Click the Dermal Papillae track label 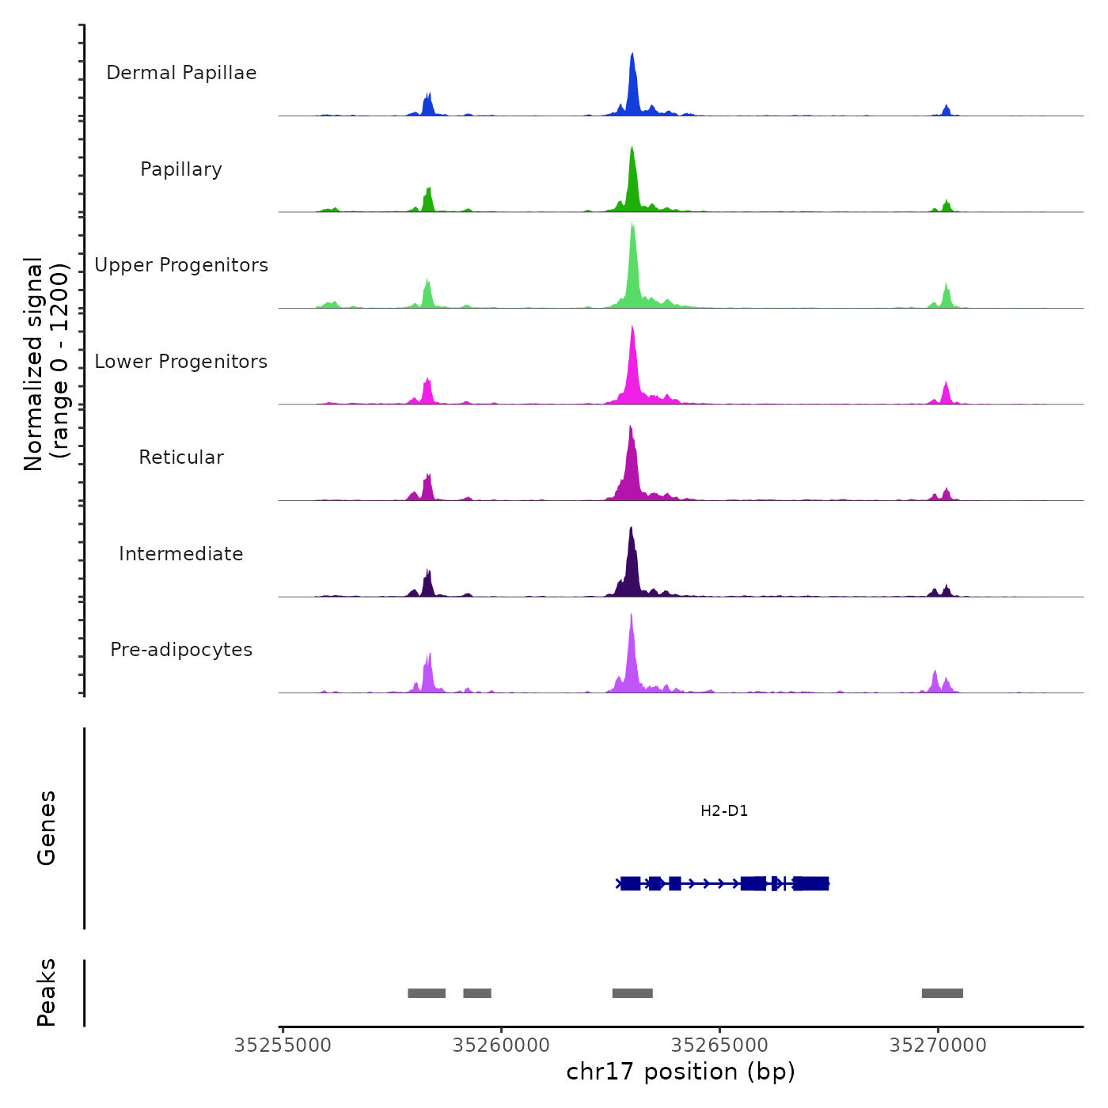pyautogui.click(x=181, y=73)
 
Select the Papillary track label pyautogui.click(x=181, y=169)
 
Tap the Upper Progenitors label pyautogui.click(x=181, y=265)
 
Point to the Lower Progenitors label pyautogui.click(x=181, y=362)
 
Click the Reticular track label pyautogui.click(x=181, y=457)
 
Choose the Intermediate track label pyautogui.click(x=181, y=554)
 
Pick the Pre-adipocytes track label pyautogui.click(x=181, y=650)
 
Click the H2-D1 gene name pyautogui.click(x=724, y=811)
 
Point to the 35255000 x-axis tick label pyautogui.click(x=283, y=1045)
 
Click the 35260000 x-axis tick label pyautogui.click(x=501, y=1045)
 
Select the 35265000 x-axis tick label pyautogui.click(x=719, y=1045)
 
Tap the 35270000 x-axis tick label pyautogui.click(x=938, y=1045)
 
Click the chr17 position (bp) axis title pyautogui.click(x=681, y=1072)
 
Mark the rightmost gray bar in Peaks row pyautogui.click(x=942, y=993)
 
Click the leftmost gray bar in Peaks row pyautogui.click(x=427, y=993)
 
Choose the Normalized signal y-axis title pyautogui.click(x=46, y=363)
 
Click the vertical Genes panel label pyautogui.click(x=47, y=828)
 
